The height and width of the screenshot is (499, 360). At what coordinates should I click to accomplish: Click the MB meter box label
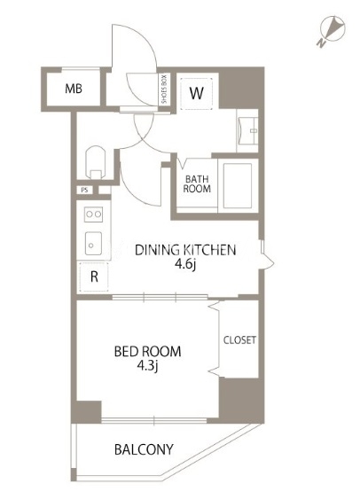(x=74, y=89)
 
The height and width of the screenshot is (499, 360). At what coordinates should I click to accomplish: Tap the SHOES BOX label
(x=164, y=90)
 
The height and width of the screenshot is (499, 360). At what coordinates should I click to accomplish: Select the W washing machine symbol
(x=196, y=93)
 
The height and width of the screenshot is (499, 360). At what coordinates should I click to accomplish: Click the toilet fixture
(x=95, y=162)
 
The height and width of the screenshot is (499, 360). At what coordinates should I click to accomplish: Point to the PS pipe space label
(x=84, y=191)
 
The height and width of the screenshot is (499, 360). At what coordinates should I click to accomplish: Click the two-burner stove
(x=94, y=214)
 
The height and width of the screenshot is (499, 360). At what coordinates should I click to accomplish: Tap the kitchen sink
(x=94, y=243)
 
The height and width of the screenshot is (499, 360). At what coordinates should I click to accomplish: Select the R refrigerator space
(x=94, y=277)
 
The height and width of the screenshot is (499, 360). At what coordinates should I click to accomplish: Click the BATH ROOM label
(x=197, y=184)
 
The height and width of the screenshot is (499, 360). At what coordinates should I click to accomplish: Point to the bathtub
(x=238, y=186)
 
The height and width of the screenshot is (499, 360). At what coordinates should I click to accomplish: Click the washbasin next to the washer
(x=247, y=131)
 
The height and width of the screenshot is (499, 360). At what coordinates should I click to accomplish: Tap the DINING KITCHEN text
(x=185, y=250)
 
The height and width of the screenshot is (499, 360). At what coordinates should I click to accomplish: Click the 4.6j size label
(x=185, y=265)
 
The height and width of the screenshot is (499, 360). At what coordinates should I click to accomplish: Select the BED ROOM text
(x=147, y=352)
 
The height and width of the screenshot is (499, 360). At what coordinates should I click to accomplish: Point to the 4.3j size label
(x=148, y=366)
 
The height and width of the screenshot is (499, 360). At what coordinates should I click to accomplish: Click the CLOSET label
(x=239, y=339)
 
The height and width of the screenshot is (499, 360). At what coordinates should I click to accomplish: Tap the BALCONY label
(x=144, y=449)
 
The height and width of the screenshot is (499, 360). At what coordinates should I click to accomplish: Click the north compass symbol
(x=333, y=29)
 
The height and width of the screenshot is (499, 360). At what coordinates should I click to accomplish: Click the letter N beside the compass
(x=321, y=43)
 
